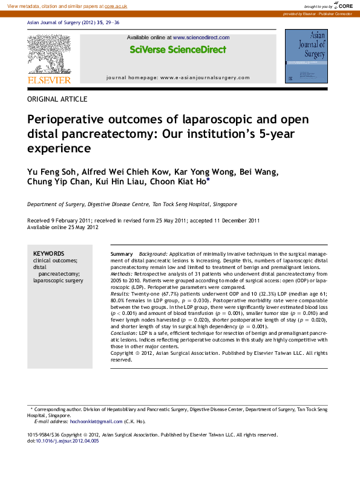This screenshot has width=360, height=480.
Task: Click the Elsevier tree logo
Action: coord(49,54)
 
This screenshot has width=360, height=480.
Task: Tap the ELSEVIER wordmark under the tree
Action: coord(49,80)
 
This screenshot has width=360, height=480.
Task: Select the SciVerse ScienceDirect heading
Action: coord(178,50)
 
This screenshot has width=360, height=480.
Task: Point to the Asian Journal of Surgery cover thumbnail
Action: coord(305,58)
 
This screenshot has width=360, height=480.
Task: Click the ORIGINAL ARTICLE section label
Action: coord(57,99)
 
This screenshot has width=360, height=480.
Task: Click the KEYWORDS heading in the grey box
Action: coord(48,253)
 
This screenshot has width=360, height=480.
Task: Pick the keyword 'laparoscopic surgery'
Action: coord(58,281)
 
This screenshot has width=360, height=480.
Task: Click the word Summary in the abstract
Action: coord(122,253)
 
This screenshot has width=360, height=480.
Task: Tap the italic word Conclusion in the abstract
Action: coord(124,333)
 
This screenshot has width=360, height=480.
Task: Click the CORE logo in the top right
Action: coord(343,5)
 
